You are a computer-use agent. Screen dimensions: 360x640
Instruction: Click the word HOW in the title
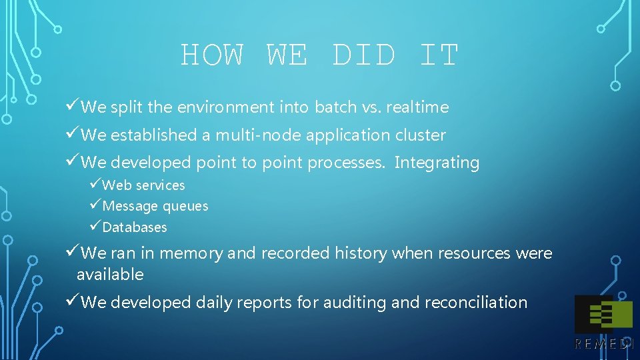pyautogui.click(x=213, y=55)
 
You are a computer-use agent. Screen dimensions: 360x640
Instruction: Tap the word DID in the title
pyautogui.click(x=363, y=55)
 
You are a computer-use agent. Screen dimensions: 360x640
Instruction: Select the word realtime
pyautogui.click(x=417, y=107)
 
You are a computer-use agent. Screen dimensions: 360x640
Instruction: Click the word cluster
pyautogui.click(x=421, y=135)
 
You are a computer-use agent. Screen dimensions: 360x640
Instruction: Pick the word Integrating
pyautogui.click(x=437, y=163)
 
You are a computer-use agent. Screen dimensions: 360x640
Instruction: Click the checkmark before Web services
pyautogui.click(x=95, y=185)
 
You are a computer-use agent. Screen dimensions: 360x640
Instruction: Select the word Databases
pyautogui.click(x=135, y=227)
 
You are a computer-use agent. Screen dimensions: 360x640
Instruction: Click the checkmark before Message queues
pyautogui.click(x=95, y=206)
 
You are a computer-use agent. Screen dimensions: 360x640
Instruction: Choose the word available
pyautogui.click(x=110, y=275)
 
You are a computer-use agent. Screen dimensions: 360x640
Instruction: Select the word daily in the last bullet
pyautogui.click(x=215, y=303)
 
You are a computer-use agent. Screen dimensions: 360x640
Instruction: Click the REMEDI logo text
pyautogui.click(x=603, y=344)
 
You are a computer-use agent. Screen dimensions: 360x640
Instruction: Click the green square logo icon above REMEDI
pyautogui.click(x=603, y=313)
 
